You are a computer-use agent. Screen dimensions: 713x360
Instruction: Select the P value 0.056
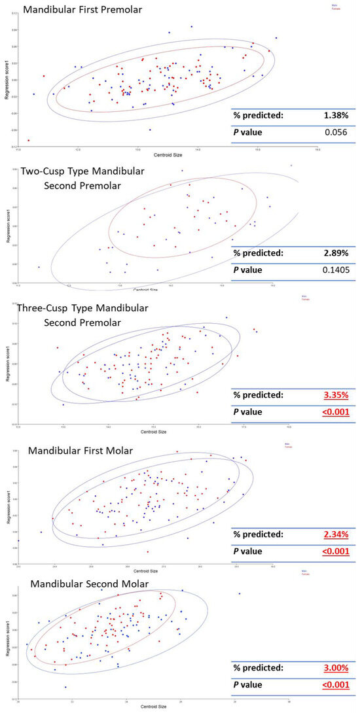click(x=336, y=133)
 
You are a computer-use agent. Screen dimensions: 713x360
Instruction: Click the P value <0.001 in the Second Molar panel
click(x=335, y=685)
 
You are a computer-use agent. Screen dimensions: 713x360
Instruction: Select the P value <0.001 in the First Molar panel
click(x=335, y=551)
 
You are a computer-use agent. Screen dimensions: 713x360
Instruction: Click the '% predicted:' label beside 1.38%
click(x=259, y=116)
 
